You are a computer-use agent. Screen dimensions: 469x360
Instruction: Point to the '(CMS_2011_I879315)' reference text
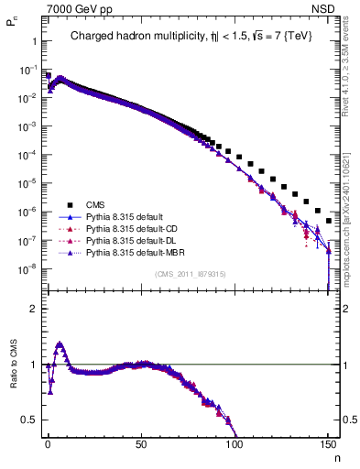[190, 274]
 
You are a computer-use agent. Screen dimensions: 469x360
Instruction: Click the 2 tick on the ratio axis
[33, 309]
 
